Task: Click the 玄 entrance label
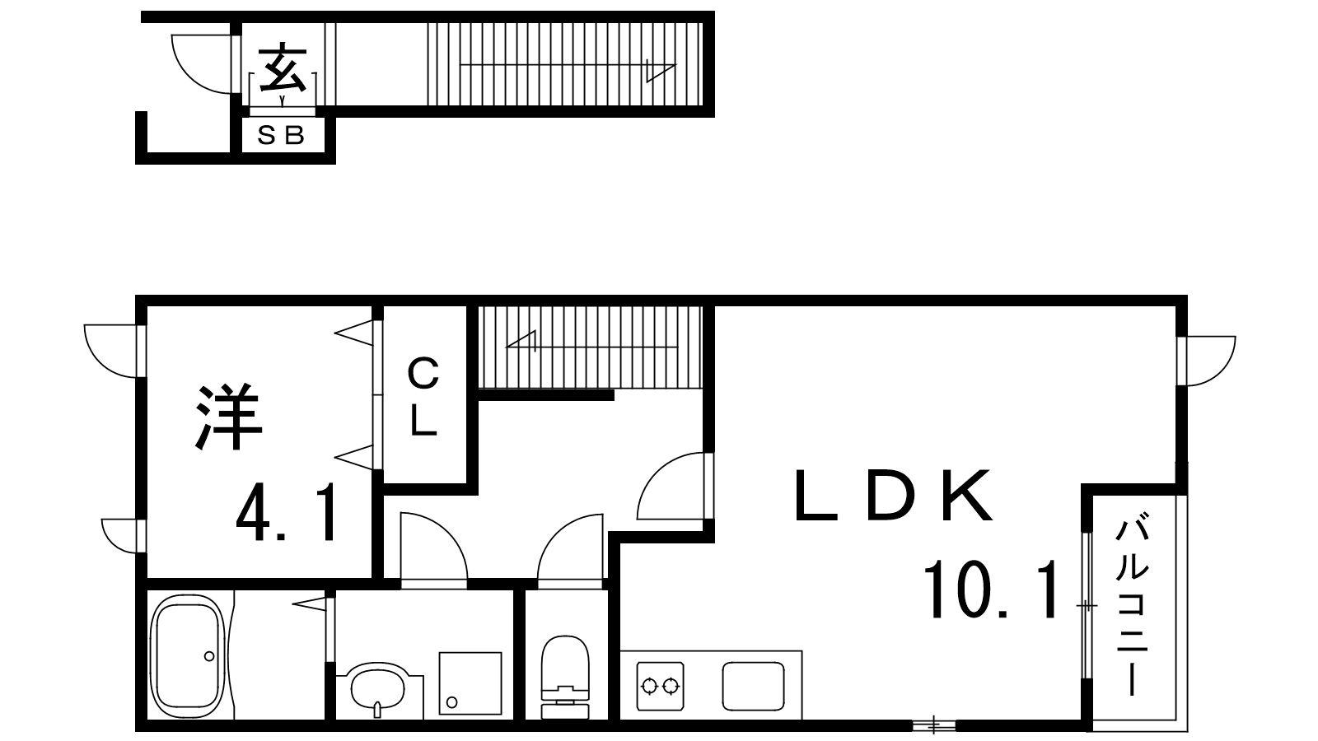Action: [283, 68]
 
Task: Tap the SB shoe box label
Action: [281, 136]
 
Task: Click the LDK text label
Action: [893, 495]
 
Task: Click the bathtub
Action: [189, 655]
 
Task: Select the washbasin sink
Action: [378, 691]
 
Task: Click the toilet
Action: [565, 676]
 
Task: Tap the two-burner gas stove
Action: [660, 686]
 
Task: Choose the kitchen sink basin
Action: [753, 687]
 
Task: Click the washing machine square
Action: [470, 683]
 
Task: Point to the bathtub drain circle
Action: [209, 655]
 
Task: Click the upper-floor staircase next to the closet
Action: [591, 347]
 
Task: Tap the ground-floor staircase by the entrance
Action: [565, 64]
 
